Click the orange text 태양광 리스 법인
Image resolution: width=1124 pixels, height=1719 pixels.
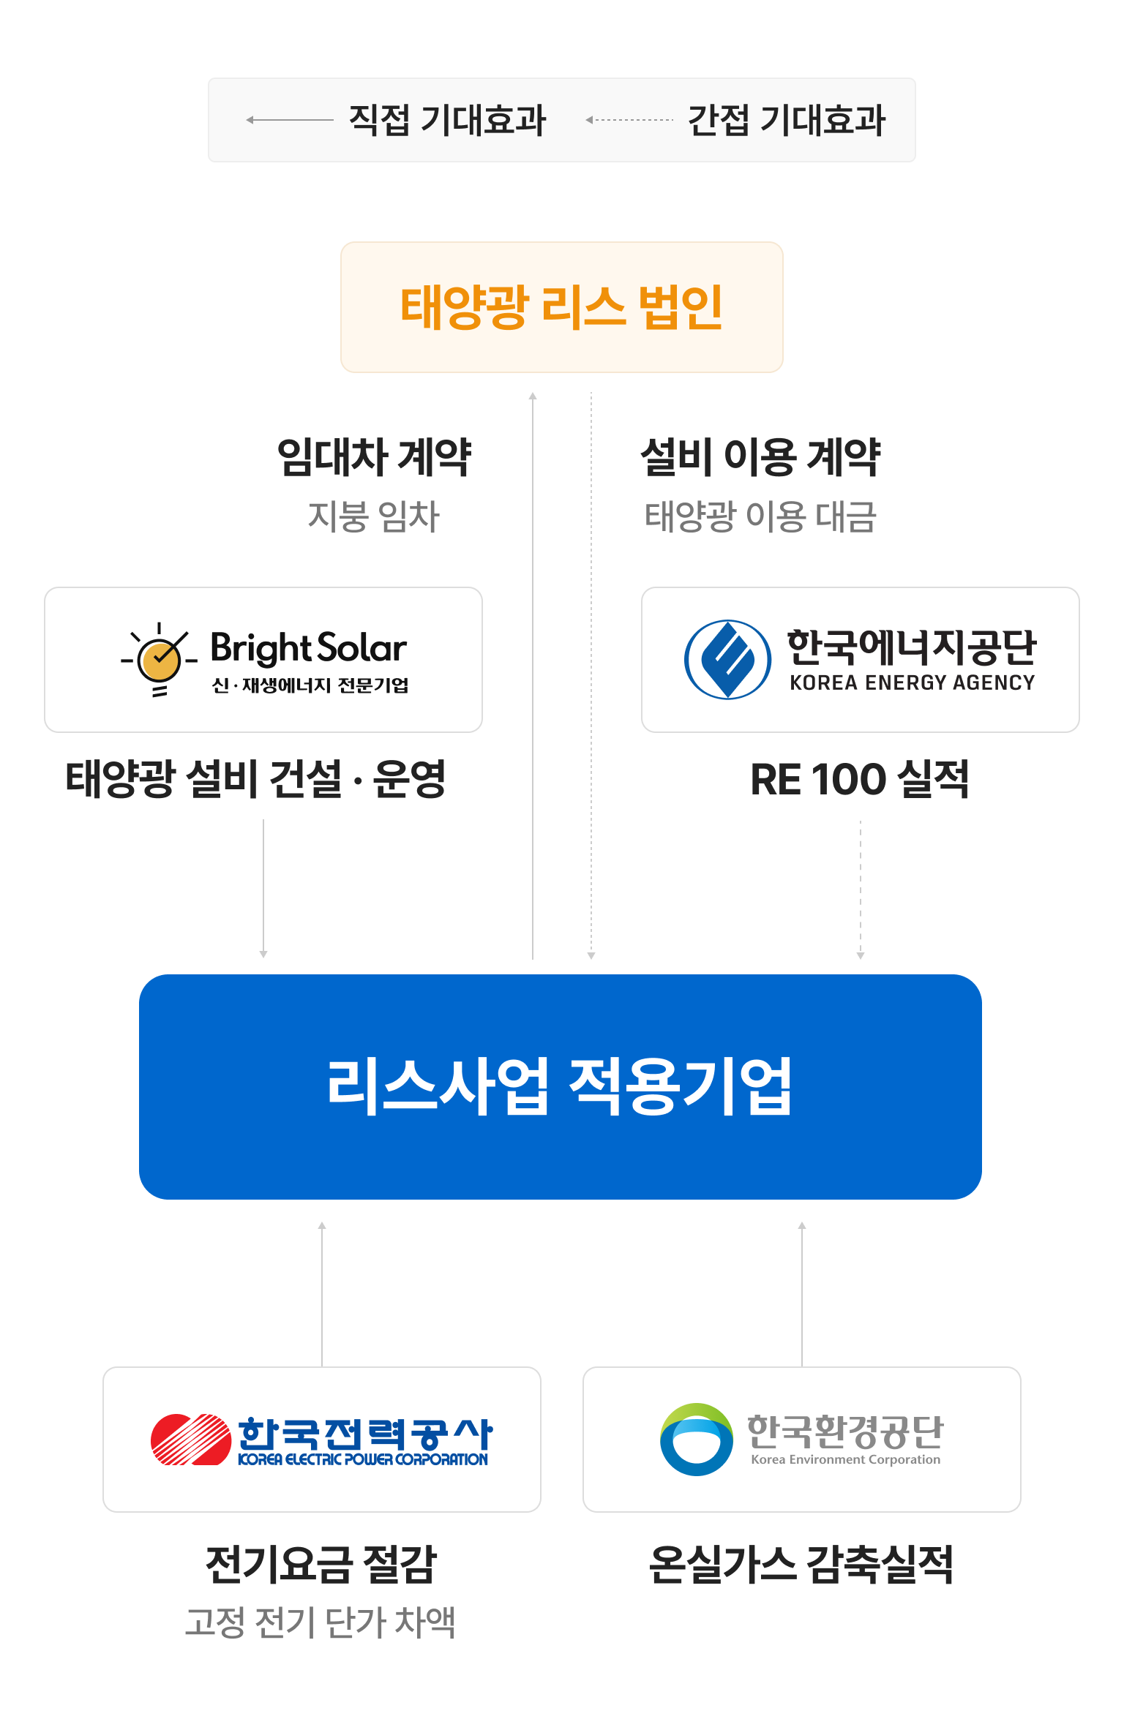pos(561,307)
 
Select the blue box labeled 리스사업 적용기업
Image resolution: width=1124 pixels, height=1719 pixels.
pos(560,1086)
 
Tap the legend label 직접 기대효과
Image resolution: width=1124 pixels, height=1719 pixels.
pos(447,120)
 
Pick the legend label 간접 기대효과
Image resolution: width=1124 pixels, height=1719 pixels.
pos(787,120)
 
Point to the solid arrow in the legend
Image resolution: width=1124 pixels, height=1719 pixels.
pos(290,120)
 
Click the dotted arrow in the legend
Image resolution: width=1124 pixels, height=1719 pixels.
pos(629,120)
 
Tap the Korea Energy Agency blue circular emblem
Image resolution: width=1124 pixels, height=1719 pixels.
pos(727,659)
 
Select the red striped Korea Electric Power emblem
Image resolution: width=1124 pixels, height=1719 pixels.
pos(191,1440)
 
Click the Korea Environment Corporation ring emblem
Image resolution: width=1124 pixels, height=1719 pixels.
pos(696,1440)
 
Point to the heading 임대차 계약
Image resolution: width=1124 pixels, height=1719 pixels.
pos(374,458)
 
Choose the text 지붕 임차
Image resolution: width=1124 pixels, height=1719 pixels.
pos(374,516)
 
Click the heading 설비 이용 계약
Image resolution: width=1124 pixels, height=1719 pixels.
pos(760,458)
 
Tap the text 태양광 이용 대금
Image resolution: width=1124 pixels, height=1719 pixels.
pos(760,516)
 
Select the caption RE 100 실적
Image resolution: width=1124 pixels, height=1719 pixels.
pos(860,779)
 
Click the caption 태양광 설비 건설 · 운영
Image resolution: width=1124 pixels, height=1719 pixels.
pos(255,779)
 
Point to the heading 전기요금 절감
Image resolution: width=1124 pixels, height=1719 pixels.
pos(321,1565)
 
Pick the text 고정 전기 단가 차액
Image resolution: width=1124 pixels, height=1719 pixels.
pos(320,1622)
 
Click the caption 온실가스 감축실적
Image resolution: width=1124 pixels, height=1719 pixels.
pos(801,1565)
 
